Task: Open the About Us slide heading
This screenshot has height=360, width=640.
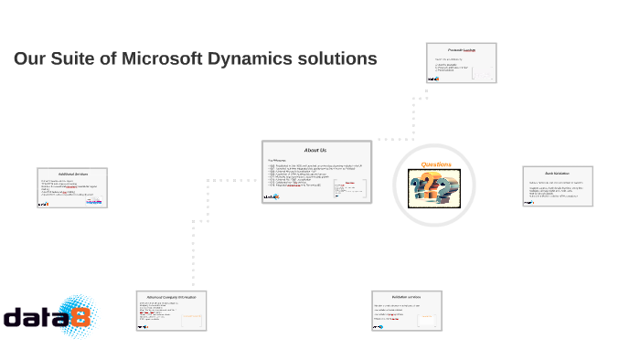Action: [x=315, y=150]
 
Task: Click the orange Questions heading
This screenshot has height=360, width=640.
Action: [x=436, y=164]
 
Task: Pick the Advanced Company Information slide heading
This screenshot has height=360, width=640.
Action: [x=172, y=296]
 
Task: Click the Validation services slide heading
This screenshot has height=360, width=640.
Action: [x=406, y=297]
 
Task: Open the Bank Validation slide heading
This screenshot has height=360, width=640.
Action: [x=557, y=173]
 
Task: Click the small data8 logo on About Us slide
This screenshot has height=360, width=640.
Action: [x=272, y=196]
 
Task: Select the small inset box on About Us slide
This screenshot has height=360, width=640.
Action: [x=350, y=188]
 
